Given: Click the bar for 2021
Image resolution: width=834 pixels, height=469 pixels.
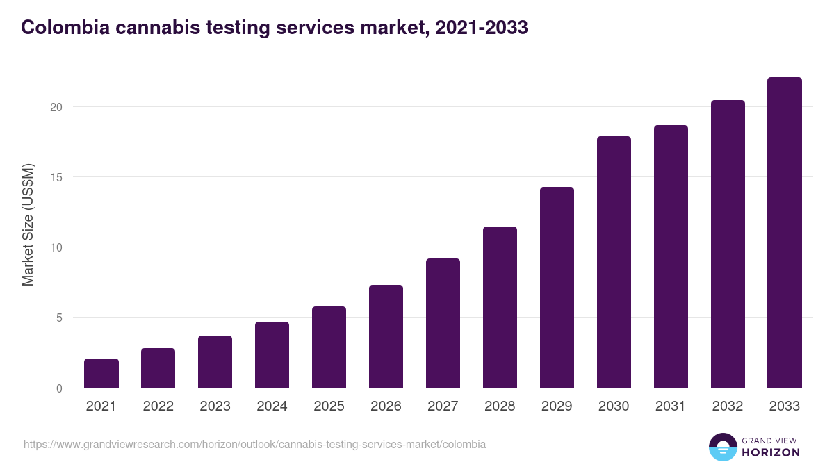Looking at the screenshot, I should click(101, 373).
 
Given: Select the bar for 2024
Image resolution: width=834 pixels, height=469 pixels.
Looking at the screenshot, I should click(272, 355).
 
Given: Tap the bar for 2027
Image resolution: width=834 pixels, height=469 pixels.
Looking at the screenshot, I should click(443, 323).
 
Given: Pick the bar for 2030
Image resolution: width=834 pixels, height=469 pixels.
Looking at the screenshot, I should click(614, 262).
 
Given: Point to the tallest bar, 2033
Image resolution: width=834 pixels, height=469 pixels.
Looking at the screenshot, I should click(785, 233).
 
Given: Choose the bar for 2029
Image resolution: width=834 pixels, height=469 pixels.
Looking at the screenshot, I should click(557, 288).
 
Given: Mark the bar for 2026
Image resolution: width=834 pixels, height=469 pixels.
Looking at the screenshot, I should click(386, 336).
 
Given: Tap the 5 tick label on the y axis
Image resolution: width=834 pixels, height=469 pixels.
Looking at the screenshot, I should click(58, 318).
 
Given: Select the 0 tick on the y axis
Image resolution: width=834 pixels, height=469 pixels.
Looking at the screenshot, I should click(58, 388).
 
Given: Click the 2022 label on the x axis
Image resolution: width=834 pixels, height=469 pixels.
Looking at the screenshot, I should click(158, 406).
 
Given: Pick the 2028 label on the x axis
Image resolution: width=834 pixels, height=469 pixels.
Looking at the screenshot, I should click(500, 406).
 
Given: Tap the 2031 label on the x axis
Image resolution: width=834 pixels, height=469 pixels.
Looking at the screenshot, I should click(671, 406).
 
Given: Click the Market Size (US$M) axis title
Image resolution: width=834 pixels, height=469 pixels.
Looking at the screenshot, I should click(28, 224).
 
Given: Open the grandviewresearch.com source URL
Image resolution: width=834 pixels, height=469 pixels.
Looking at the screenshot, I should click(254, 444).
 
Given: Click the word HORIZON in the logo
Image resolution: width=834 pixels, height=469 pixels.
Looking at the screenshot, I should click(771, 452).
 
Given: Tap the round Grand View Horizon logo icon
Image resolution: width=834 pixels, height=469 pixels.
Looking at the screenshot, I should click(722, 447).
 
